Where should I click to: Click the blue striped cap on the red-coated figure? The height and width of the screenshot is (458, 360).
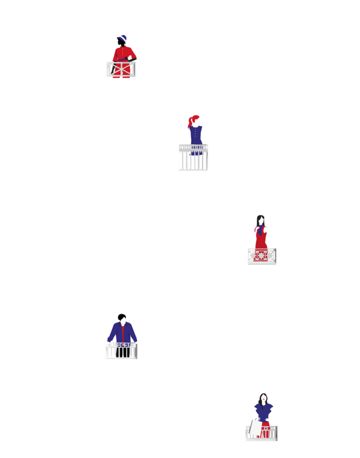tap(123, 38)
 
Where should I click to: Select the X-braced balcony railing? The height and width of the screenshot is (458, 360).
tap(121, 69)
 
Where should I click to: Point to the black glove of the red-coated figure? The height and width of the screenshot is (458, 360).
tap(130, 59)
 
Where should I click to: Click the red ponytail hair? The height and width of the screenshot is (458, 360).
tap(191, 121)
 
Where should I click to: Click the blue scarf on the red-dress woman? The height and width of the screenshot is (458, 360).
tap(259, 230)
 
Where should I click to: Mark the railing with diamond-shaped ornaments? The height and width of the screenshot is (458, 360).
tap(262, 256)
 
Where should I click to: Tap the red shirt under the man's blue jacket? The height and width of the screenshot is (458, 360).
tap(123, 333)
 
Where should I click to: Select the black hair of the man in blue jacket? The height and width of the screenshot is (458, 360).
tap(122, 316)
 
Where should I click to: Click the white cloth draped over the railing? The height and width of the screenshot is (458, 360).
tap(255, 427)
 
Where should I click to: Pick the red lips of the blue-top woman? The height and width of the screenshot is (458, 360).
tap(264, 402)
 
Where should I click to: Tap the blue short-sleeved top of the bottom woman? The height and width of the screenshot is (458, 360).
tap(264, 411)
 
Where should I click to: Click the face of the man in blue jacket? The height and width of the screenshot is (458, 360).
tap(123, 321)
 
